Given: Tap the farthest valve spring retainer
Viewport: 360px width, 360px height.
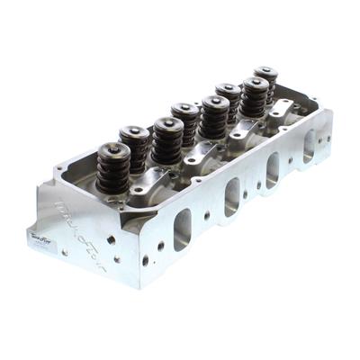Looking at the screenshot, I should (265, 72).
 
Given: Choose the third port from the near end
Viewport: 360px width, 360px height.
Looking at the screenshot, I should (273, 169).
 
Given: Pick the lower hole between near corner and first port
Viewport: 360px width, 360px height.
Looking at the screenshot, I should (146, 262).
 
